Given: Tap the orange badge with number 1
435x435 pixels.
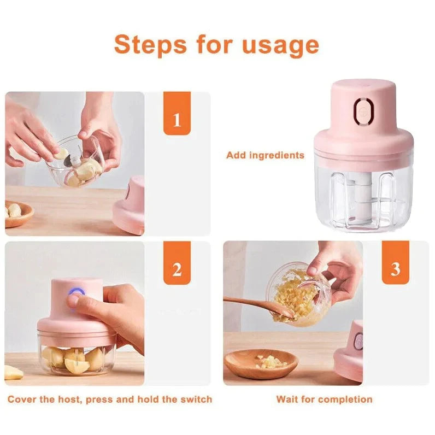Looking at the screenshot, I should pos(177,120).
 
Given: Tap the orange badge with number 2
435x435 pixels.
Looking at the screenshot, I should pos(177,269).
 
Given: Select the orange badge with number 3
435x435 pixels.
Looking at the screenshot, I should pos(395,269).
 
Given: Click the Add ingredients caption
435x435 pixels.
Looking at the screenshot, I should pos(265,155).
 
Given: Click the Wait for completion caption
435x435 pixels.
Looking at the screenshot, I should pos(324,399).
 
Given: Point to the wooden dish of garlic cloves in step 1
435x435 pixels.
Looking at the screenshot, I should pos(17,213).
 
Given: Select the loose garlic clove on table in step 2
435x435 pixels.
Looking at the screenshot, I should pos(13,373).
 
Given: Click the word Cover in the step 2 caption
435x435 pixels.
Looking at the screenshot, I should pos(23,399).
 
